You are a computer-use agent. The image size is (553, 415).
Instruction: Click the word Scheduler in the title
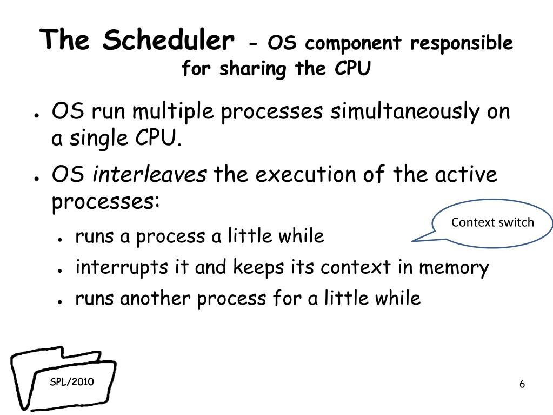coord(168,39)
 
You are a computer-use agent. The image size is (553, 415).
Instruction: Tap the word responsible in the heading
coord(461,44)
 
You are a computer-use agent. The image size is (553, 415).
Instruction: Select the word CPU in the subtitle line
coord(352,68)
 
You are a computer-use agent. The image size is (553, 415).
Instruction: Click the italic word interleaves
coord(150,174)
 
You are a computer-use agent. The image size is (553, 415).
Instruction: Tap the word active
coord(466,174)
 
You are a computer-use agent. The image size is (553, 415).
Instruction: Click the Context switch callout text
coord(492,222)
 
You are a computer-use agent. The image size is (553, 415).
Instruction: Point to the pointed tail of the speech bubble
coord(412,241)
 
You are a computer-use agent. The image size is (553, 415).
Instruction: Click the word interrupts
coord(121,267)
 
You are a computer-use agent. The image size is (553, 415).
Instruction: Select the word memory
coord(454,268)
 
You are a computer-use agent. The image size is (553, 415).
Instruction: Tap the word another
coord(156,299)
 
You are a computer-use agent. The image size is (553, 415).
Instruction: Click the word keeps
coord(258,267)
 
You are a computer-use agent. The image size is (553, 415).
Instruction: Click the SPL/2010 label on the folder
coord(71,381)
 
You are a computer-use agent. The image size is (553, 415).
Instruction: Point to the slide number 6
coord(522,384)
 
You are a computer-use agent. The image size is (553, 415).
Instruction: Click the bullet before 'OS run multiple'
coord(36,115)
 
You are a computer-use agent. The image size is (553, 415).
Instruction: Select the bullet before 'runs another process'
coord(61,302)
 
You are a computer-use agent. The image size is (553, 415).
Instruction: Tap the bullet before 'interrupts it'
coord(61,271)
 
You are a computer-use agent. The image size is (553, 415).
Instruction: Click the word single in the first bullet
coord(98,139)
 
